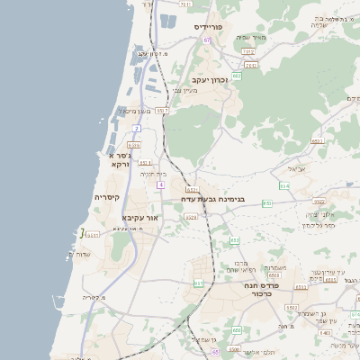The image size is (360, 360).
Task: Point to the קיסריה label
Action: [106, 197]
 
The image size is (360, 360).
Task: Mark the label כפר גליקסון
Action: [318, 224]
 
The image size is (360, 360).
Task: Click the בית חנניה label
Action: [156, 174]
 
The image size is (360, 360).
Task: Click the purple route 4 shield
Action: [159, 184]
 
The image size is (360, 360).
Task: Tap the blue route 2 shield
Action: [136, 129]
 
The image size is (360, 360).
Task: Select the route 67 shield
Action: [206, 40]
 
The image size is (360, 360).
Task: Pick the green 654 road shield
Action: [284, 186]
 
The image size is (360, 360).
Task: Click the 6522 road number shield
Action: [319, 202]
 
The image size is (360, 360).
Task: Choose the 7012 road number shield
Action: [248, 52]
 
